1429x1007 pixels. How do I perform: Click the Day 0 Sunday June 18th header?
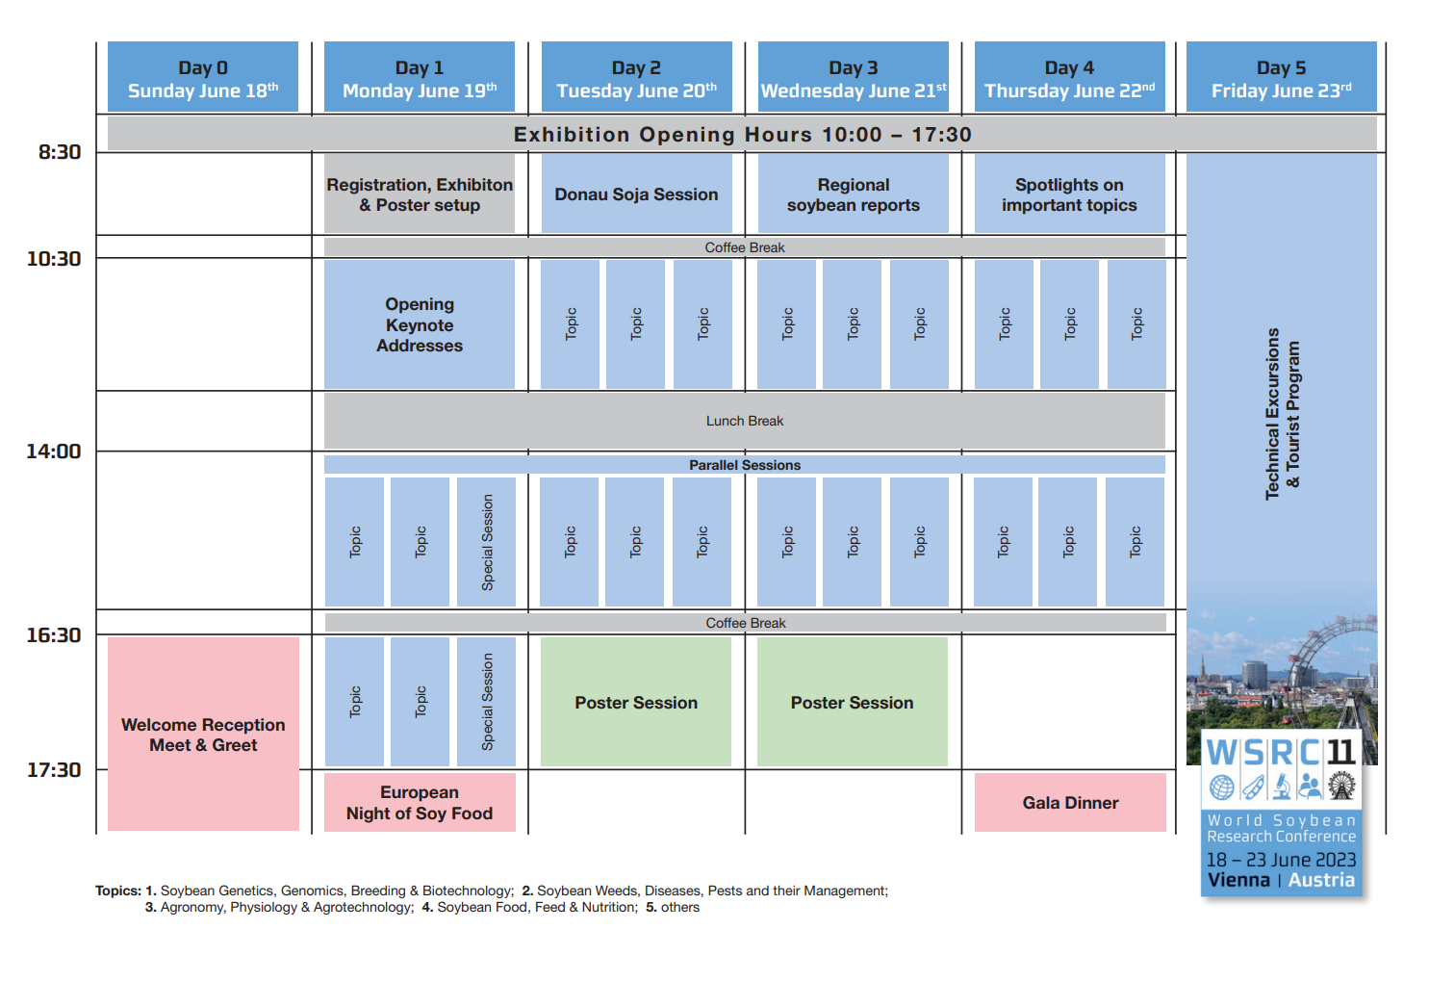coord(203,78)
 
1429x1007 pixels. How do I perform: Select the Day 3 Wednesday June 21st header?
coord(854,78)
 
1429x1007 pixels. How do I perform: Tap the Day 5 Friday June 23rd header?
coord(1281,78)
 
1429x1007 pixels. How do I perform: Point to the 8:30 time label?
coord(60,152)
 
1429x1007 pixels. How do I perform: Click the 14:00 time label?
coord(54,452)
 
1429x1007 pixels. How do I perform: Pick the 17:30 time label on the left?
coord(54,770)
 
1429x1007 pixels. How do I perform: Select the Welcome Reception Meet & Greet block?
coord(203,735)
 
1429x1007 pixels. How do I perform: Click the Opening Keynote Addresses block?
coord(420,324)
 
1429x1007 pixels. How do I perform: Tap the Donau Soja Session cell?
coord(636,194)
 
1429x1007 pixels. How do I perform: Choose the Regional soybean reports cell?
coord(854,194)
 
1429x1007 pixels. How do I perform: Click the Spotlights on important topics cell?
coord(1069,194)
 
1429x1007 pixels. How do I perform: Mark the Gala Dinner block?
coord(1070,803)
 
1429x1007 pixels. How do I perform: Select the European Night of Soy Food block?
coord(420,803)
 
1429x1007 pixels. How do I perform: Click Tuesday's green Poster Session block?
coord(636,703)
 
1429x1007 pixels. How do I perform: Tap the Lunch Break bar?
coord(745,421)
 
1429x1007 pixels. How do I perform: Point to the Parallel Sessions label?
coord(745,465)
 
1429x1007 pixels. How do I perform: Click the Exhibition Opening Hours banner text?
coord(742,135)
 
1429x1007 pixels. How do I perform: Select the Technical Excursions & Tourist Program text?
coord(1282,414)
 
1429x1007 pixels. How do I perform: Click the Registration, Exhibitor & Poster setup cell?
coord(420,194)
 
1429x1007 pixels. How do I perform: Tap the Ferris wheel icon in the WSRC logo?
coord(1341,787)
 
